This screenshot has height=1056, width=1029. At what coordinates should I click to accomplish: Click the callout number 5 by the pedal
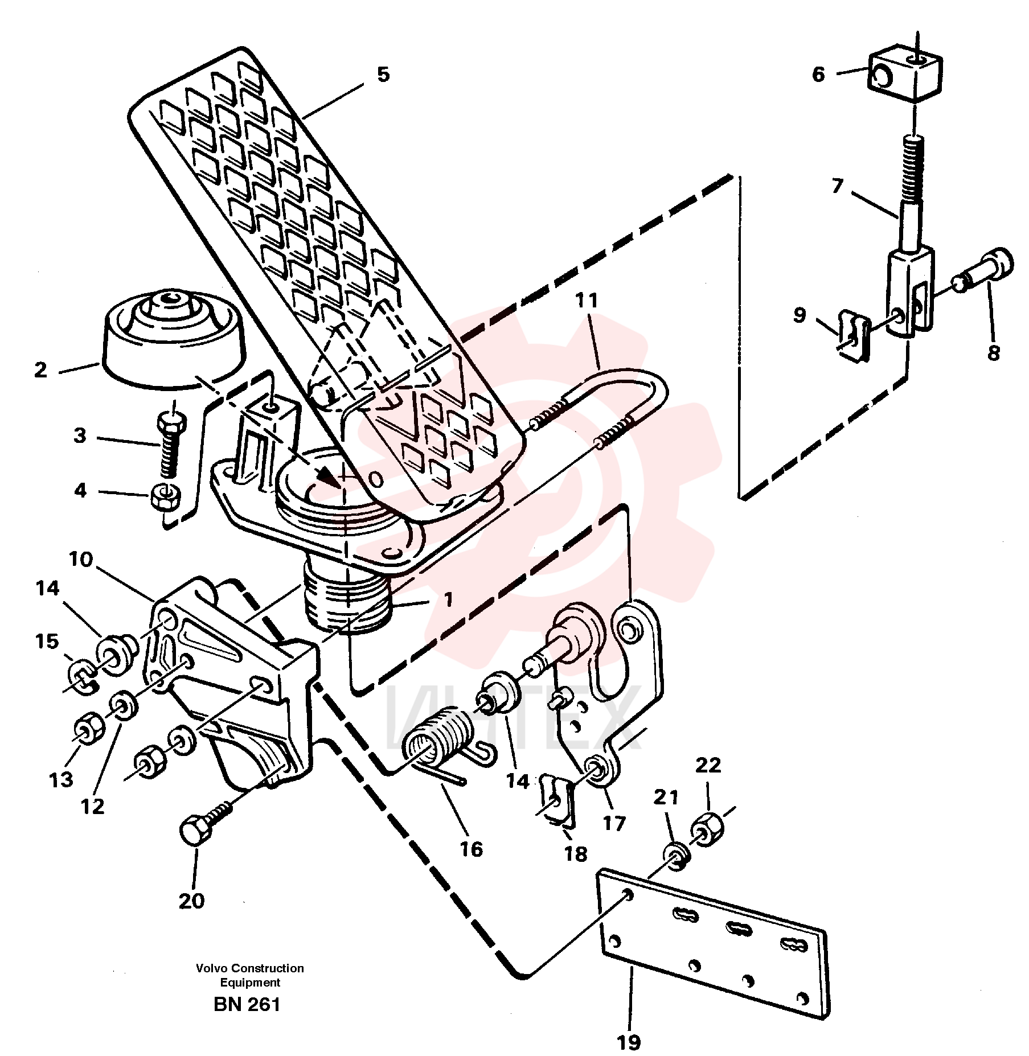click(383, 75)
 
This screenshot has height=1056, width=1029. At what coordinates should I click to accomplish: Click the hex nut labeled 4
click(165, 497)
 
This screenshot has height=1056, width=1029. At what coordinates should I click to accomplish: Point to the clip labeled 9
click(854, 336)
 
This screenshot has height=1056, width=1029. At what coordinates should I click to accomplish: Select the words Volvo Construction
click(250, 968)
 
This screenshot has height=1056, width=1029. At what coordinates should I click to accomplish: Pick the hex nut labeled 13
click(89, 730)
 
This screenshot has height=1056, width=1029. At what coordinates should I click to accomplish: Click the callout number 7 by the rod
click(837, 187)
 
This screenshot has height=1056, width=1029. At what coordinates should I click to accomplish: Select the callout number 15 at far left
click(47, 641)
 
